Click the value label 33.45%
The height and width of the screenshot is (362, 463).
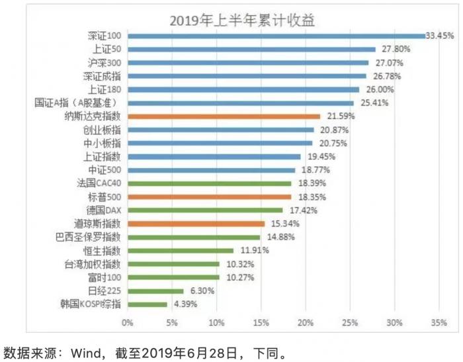440,36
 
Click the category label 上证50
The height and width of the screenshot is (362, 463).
108,49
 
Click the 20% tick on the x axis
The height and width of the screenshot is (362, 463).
306,324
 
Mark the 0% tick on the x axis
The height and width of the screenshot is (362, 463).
127,324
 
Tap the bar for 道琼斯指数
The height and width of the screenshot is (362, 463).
196,224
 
